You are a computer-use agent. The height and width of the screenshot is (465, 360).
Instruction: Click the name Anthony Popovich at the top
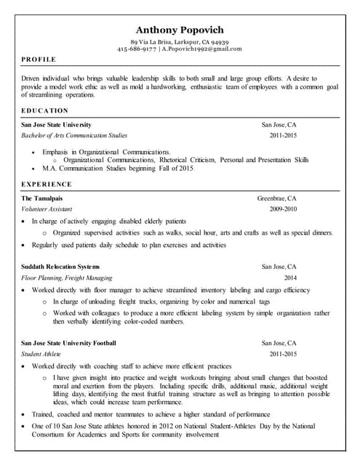[180, 30]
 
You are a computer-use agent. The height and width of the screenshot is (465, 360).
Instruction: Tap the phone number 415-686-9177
[136, 49]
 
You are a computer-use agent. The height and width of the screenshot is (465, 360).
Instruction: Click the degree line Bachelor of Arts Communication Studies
[74, 135]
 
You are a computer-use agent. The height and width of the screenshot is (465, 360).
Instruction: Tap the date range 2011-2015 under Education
[283, 135]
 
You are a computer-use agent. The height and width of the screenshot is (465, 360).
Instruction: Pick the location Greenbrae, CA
[276, 198]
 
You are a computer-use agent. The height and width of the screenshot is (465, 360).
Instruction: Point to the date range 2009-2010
[283, 209]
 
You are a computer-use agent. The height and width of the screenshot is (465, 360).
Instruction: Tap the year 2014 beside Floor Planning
[290, 278]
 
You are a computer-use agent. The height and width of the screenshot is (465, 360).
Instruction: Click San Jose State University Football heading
[69, 342]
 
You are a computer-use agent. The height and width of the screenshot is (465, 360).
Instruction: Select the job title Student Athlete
[41, 353]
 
